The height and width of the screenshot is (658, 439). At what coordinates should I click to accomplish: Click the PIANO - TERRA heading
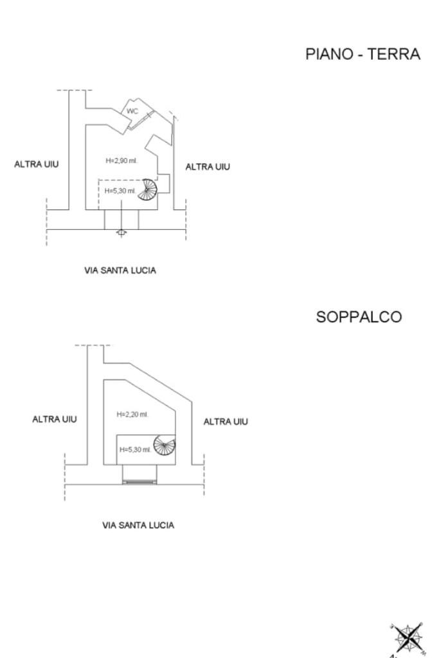(x=363, y=55)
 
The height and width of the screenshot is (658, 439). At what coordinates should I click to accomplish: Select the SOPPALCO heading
(x=359, y=317)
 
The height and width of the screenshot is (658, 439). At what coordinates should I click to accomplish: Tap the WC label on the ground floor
(x=132, y=111)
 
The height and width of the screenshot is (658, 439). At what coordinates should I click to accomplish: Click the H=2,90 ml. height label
(x=121, y=160)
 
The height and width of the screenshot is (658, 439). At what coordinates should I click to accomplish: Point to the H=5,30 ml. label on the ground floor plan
(x=120, y=191)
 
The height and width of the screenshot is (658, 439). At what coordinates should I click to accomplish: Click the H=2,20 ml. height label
(x=132, y=415)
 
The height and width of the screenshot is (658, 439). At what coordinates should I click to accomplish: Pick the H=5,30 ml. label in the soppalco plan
(x=135, y=449)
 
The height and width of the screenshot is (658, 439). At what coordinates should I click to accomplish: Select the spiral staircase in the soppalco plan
(x=165, y=446)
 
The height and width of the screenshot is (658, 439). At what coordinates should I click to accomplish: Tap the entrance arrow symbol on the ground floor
(x=121, y=232)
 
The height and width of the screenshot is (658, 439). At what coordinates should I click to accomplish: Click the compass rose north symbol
(x=408, y=637)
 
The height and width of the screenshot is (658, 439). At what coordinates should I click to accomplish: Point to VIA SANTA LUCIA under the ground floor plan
(x=120, y=270)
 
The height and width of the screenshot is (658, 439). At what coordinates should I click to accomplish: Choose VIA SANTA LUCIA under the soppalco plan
(x=138, y=525)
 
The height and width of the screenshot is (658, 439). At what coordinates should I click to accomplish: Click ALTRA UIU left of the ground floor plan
(x=37, y=164)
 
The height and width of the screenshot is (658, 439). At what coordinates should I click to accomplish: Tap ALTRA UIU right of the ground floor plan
(x=208, y=167)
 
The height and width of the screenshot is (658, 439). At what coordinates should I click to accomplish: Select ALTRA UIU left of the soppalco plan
(x=55, y=419)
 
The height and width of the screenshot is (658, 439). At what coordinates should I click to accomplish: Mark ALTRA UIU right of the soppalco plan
(x=226, y=422)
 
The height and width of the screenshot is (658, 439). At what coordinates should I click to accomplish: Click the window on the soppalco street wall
(x=139, y=481)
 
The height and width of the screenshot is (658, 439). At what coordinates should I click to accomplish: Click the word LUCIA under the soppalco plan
(x=161, y=525)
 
